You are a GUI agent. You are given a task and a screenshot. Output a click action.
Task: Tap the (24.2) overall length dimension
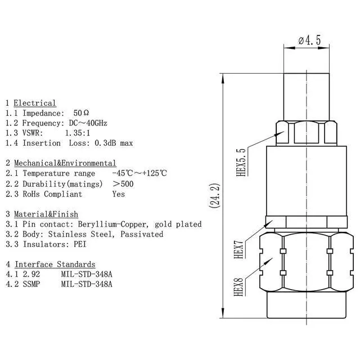coord(214,196)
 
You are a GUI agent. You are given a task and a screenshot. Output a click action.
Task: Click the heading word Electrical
coord(35,103)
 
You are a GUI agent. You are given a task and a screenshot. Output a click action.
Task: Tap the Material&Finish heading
coord(46,214)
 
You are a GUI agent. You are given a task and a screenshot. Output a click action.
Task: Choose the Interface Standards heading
coord(55,264)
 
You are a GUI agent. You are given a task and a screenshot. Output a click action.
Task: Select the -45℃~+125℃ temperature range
coord(139,174)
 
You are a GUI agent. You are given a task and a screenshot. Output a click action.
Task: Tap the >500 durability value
coord(123,184)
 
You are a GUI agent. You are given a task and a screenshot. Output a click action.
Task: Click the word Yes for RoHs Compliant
coord(119,194)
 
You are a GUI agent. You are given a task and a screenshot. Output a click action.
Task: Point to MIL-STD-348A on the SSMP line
coord(87,284)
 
